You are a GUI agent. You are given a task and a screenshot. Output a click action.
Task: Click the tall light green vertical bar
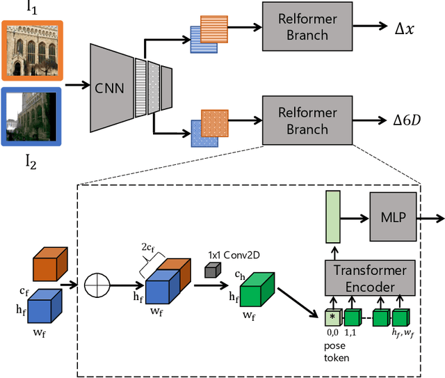click(332, 218)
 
